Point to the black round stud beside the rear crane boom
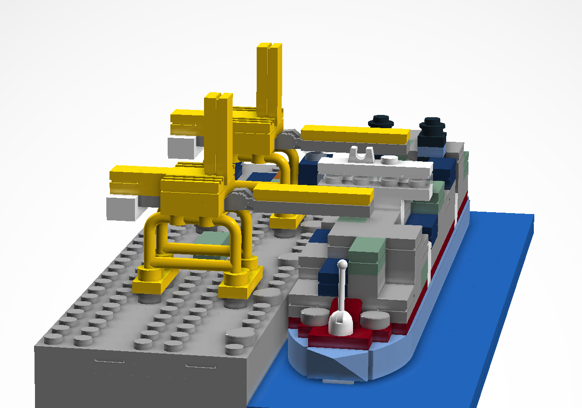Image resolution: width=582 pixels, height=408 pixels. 380,121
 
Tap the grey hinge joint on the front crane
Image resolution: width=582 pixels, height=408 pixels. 239,200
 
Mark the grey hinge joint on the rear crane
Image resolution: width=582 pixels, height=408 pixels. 287,139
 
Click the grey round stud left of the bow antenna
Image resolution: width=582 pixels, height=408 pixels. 313,315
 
